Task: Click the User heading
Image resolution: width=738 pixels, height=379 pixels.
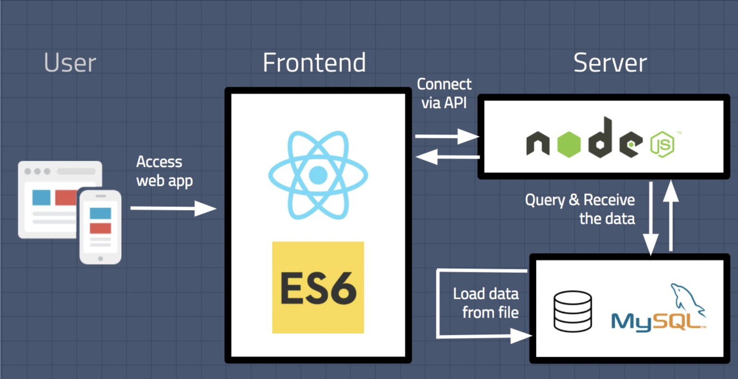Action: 70,63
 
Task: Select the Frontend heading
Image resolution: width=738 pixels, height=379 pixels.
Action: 314,63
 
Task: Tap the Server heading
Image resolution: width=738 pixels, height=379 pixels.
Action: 610,63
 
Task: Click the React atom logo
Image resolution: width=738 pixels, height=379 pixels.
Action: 318,176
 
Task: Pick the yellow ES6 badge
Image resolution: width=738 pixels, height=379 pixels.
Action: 318,287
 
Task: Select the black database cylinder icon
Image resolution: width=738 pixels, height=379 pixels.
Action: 573,311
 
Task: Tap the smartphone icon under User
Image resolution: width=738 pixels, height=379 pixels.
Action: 100,226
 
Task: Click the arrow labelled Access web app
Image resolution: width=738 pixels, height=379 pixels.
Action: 173,208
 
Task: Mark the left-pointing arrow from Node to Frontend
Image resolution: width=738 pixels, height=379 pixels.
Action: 447,157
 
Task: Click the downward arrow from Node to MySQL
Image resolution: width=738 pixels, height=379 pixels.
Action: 651,218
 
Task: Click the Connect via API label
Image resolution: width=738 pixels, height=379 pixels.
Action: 444,93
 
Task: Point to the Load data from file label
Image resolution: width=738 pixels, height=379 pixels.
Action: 486,303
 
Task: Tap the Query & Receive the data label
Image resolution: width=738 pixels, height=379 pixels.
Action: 580,209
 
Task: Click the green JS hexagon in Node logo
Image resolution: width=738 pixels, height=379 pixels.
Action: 662,144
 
